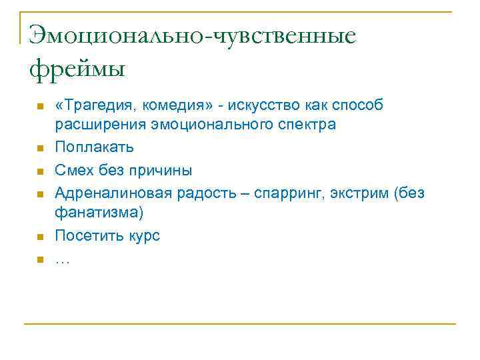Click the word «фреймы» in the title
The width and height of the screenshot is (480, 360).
(x=77, y=69)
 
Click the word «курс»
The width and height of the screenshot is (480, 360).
(x=142, y=235)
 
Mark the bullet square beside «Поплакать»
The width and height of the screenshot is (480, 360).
(x=40, y=147)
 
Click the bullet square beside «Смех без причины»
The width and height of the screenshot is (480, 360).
(x=40, y=171)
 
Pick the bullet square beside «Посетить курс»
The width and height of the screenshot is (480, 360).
(x=40, y=236)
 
